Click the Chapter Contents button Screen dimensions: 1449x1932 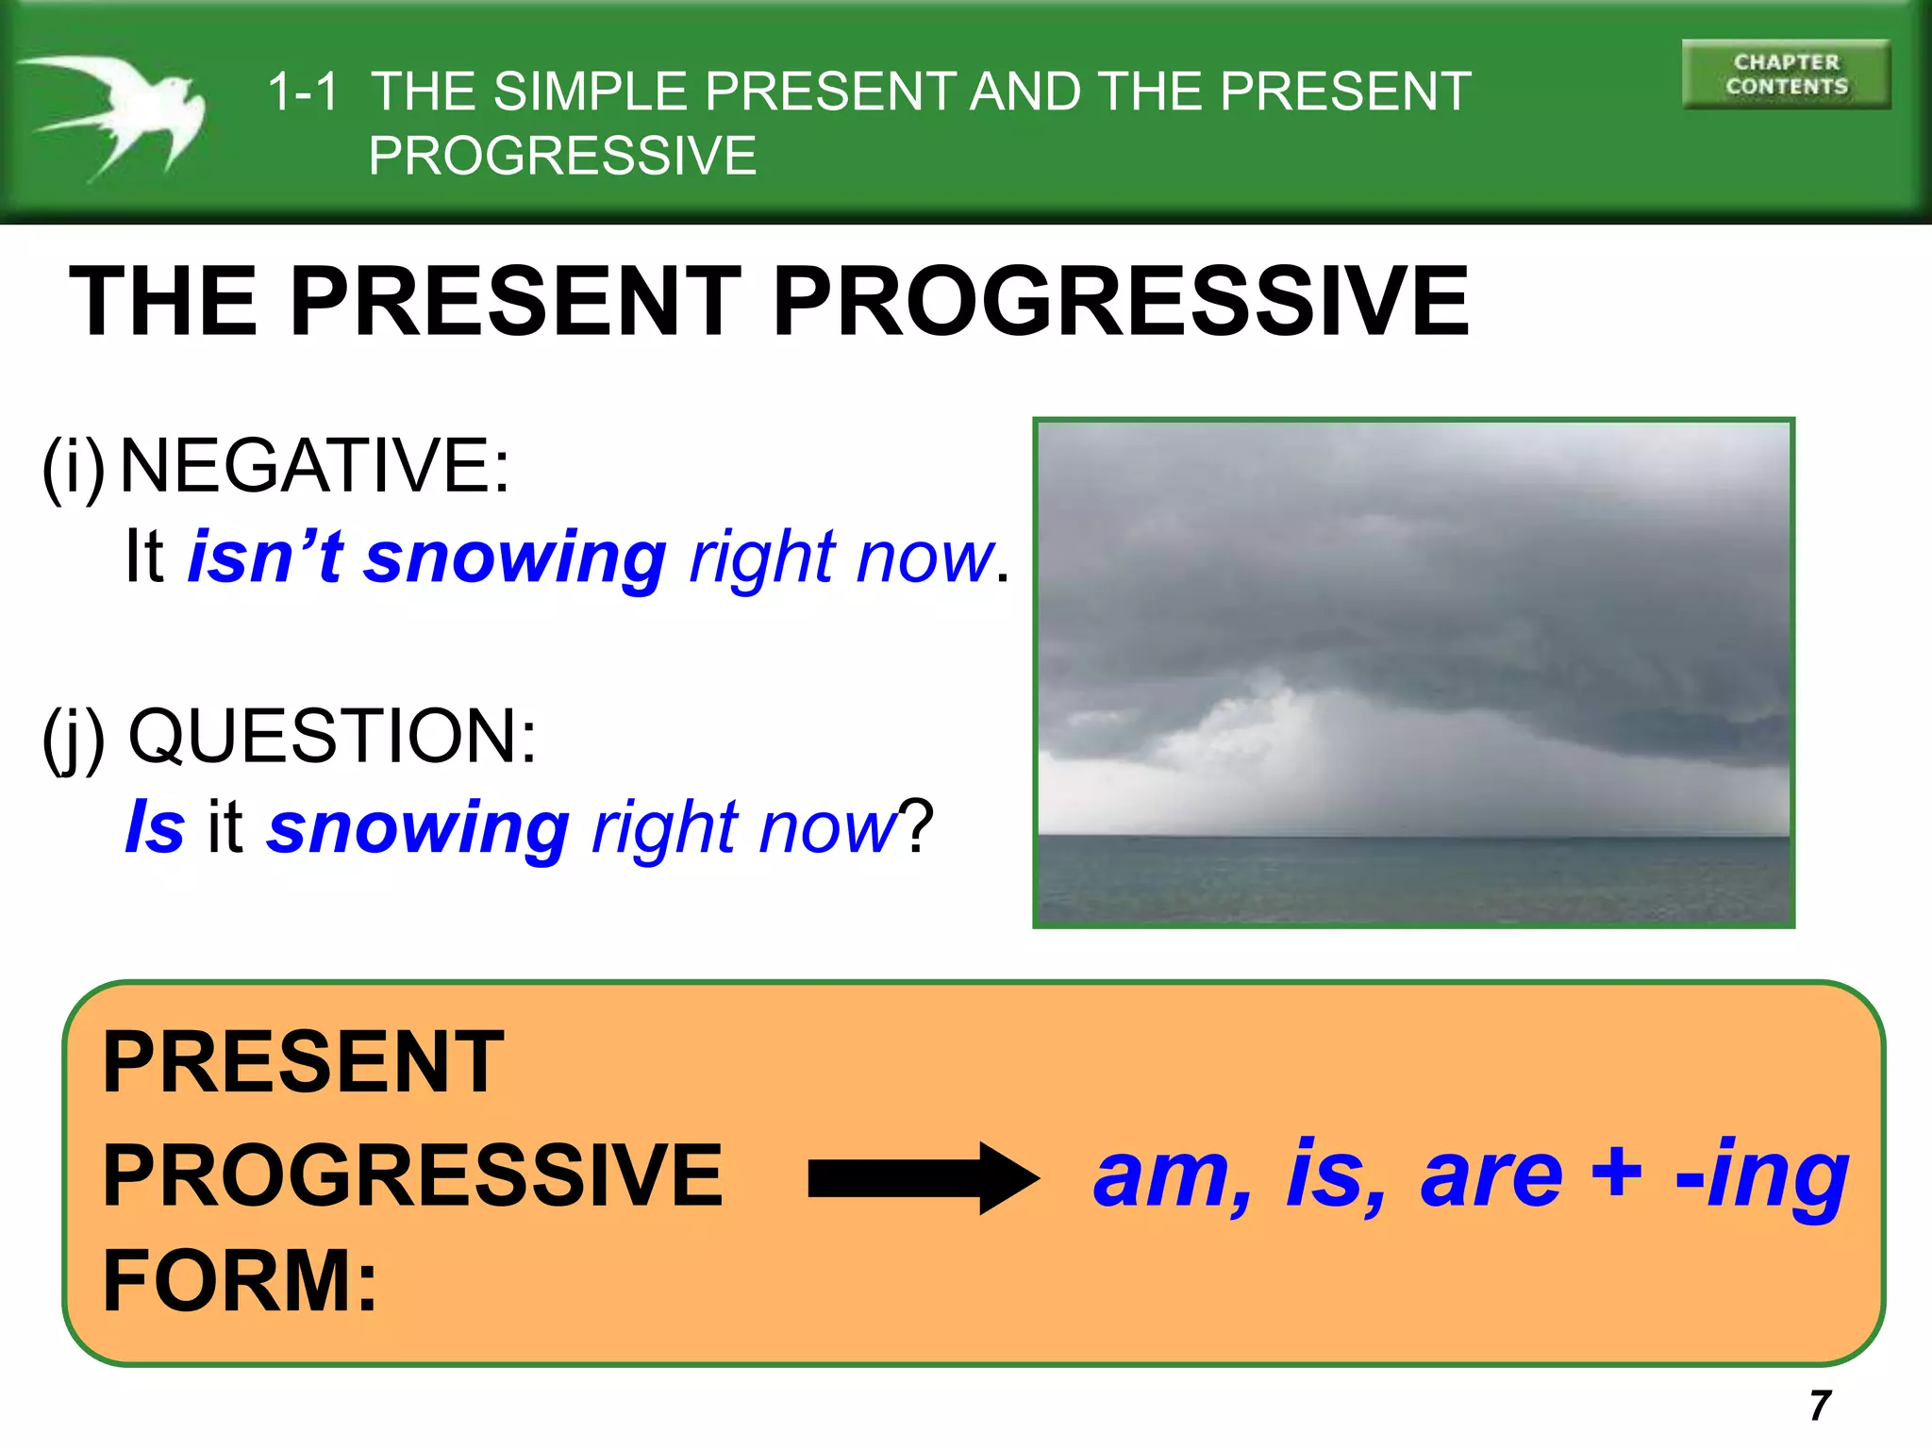point(1786,75)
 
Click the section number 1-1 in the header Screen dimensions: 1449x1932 point(302,92)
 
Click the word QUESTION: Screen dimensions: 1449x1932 point(332,736)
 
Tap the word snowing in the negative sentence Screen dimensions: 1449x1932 point(516,558)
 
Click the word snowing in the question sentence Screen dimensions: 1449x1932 point(418,828)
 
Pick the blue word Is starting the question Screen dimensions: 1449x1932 point(155,826)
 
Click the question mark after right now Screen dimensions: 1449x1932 point(915,826)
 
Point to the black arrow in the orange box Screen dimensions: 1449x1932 point(923,1178)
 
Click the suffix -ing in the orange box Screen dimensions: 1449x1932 point(1761,1175)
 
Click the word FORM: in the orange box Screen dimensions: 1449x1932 point(240,1280)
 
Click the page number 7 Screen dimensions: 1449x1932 point(1820,1405)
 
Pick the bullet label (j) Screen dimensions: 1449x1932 point(73,739)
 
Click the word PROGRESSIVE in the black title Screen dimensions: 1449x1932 point(1120,302)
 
